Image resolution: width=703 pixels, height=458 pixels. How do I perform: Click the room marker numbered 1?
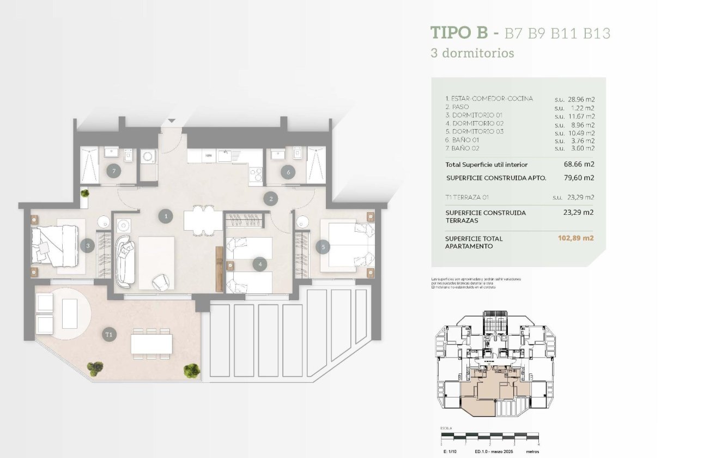(x=166, y=216)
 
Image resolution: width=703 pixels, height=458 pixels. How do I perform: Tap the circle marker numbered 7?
(x=113, y=170)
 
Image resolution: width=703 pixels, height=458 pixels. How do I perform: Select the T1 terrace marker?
(x=109, y=334)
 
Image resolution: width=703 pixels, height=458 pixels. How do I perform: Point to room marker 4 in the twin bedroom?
(x=260, y=265)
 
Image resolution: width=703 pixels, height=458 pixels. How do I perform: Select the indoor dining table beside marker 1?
(x=203, y=220)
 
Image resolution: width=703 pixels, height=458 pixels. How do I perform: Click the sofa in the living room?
(x=125, y=260)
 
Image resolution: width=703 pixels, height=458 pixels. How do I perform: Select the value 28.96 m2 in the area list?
(x=579, y=99)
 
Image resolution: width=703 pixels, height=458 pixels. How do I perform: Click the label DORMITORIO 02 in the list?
(x=474, y=123)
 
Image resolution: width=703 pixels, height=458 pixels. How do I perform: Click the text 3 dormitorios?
(x=472, y=53)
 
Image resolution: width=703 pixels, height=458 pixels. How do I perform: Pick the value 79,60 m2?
(x=578, y=178)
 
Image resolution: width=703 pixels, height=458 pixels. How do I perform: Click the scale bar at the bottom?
(x=489, y=436)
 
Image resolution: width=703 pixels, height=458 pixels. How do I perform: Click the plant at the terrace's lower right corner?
(x=191, y=371)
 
